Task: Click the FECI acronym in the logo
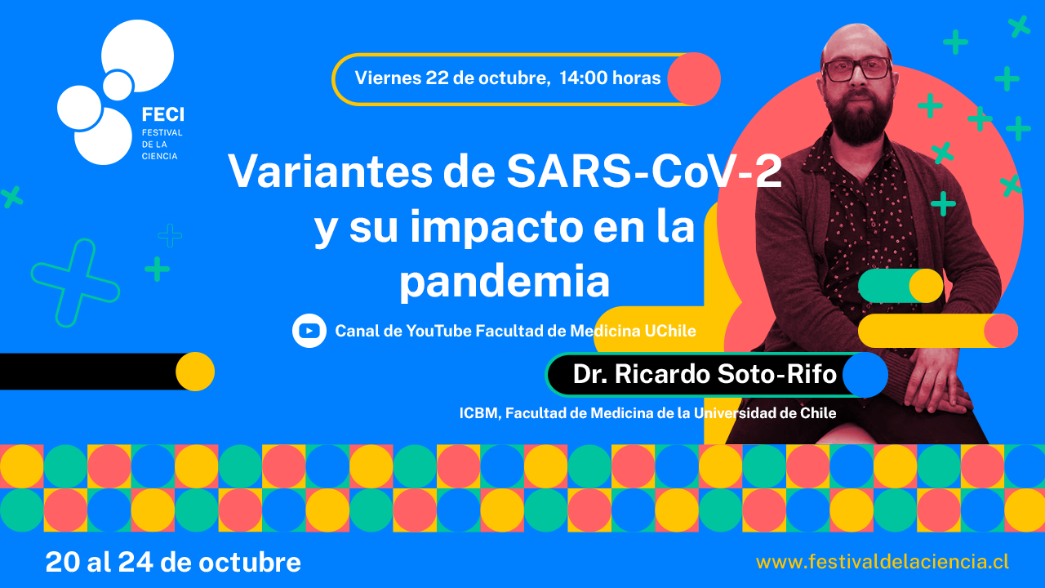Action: point(162,114)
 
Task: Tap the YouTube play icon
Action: point(309,331)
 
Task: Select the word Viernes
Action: point(388,78)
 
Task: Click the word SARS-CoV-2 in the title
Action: point(644,171)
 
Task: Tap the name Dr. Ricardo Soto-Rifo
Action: point(705,374)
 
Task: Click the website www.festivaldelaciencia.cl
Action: point(883,562)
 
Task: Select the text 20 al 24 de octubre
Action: point(173,563)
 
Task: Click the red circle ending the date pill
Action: point(694,79)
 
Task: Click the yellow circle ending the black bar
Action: point(195,372)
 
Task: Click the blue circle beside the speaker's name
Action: point(865,375)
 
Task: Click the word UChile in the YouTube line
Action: point(670,331)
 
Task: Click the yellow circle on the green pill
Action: point(927,286)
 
